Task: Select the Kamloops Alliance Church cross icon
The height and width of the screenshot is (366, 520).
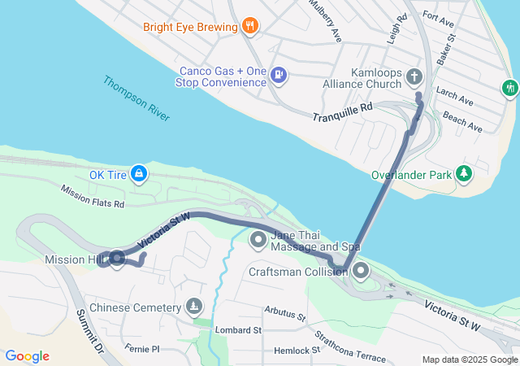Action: click(x=414, y=78)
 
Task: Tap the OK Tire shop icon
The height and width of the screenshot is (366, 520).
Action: click(x=140, y=173)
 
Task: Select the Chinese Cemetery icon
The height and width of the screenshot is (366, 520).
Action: click(x=193, y=307)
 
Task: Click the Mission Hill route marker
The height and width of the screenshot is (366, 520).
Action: click(x=115, y=259)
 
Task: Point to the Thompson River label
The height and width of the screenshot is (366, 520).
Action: click(x=136, y=98)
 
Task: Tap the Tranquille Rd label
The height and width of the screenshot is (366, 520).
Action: click(x=342, y=112)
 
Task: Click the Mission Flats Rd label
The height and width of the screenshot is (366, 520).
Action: click(x=92, y=195)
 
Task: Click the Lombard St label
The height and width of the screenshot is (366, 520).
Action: click(x=238, y=330)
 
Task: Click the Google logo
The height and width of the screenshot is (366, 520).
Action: click(x=27, y=356)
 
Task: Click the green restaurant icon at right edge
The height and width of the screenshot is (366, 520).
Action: click(x=510, y=86)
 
